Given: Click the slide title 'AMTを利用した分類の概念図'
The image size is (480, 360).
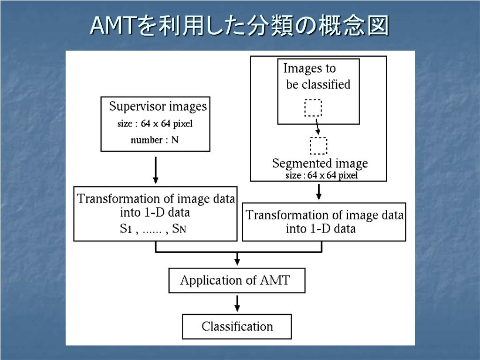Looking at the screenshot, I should (x=240, y=26).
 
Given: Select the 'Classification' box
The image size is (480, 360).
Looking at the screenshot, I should (x=237, y=326).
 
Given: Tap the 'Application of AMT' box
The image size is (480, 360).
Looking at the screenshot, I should (x=237, y=281).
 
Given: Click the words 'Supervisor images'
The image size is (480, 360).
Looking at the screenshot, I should (x=158, y=106).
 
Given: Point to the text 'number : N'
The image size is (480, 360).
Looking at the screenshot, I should (x=155, y=140).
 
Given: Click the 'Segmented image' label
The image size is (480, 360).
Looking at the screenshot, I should (x=320, y=164).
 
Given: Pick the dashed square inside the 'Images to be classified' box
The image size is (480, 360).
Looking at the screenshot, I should (x=313, y=107).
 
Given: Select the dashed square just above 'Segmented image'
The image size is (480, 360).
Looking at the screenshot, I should (x=319, y=145).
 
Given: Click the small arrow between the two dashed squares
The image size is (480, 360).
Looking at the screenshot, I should (x=317, y=126).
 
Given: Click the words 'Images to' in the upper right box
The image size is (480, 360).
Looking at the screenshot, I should (x=309, y=68).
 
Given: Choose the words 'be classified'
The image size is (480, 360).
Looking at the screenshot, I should (x=318, y=84).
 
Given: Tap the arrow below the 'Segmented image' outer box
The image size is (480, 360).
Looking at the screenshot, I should (x=319, y=191).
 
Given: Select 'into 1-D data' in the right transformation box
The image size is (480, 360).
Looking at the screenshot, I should (x=321, y=229).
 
